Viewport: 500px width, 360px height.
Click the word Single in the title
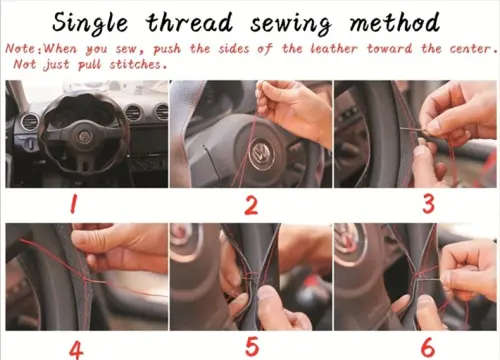98,21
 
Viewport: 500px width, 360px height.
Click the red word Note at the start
22,47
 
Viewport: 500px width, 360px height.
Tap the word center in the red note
466,47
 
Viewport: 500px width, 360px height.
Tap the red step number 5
251,346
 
